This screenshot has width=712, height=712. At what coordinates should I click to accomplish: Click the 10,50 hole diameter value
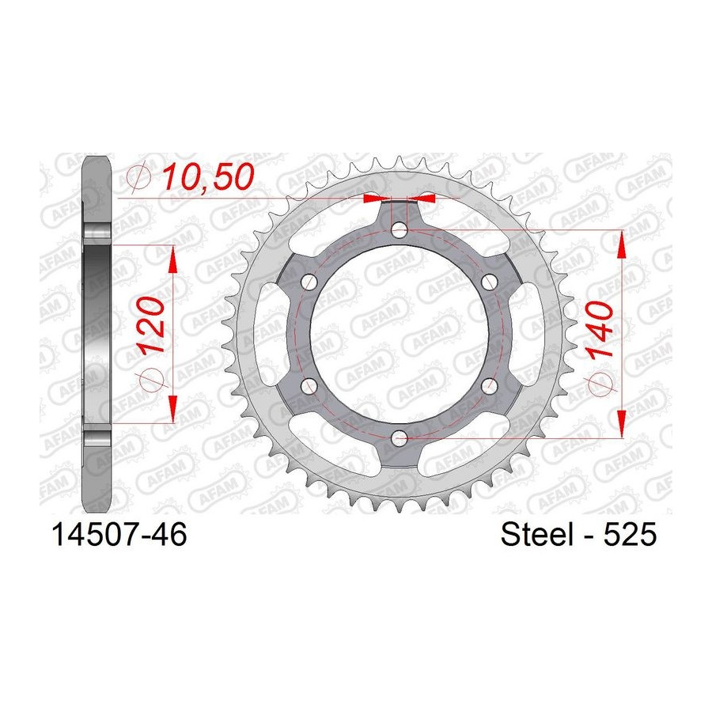tap(208, 176)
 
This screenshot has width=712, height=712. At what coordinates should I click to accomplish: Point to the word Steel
tap(536, 534)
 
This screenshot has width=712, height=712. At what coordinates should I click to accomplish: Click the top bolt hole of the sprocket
tap(400, 229)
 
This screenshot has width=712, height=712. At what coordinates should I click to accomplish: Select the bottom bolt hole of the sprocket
tap(400, 438)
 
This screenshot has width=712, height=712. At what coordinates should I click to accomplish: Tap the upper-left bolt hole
tap(309, 282)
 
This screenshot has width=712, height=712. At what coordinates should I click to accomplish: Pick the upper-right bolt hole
tap(490, 282)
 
